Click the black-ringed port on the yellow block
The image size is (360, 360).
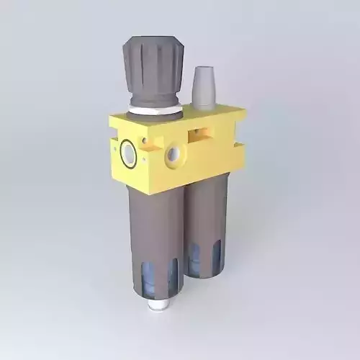128,153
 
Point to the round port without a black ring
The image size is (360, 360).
174,155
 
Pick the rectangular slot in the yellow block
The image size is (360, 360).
201,133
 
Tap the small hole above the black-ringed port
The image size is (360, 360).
143,139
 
